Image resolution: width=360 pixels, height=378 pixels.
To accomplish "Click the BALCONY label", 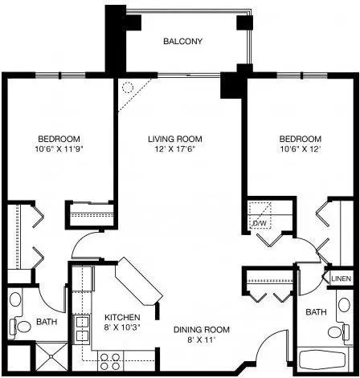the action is [x=182, y=41].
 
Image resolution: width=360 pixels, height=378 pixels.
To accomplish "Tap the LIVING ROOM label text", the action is [x=175, y=139].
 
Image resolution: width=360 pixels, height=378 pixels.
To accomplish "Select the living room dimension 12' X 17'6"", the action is [x=174, y=149].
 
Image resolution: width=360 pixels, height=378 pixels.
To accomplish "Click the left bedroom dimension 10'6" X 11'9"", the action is [x=59, y=149].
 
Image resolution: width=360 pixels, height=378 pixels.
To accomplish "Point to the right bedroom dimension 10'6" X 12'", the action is [x=301, y=149].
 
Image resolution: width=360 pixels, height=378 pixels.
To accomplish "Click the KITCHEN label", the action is [x=122, y=317].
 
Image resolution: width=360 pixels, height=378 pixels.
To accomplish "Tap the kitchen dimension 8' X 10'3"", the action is [x=122, y=327].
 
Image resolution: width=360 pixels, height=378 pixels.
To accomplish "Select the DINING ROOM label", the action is [x=202, y=329].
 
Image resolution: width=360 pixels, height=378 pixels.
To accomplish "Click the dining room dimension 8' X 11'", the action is [x=202, y=339].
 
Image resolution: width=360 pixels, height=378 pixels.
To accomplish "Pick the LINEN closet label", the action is [x=342, y=278].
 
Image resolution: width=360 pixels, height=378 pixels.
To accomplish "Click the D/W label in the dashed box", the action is [x=260, y=223].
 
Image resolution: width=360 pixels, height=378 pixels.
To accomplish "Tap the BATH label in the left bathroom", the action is [x=47, y=321].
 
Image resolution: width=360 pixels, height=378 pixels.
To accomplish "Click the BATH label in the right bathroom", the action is [x=316, y=312].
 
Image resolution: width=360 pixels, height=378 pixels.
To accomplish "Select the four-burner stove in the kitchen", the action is [x=110, y=361].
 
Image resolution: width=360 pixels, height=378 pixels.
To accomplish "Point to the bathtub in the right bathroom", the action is [x=322, y=360].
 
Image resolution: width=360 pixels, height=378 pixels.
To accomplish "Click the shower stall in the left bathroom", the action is [x=51, y=356].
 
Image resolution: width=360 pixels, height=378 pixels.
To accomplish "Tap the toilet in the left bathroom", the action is [x=20, y=326].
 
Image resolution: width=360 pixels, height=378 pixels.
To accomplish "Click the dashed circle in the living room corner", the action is [x=128, y=87].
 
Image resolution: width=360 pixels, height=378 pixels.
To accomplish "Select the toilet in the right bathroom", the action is [x=339, y=331].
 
